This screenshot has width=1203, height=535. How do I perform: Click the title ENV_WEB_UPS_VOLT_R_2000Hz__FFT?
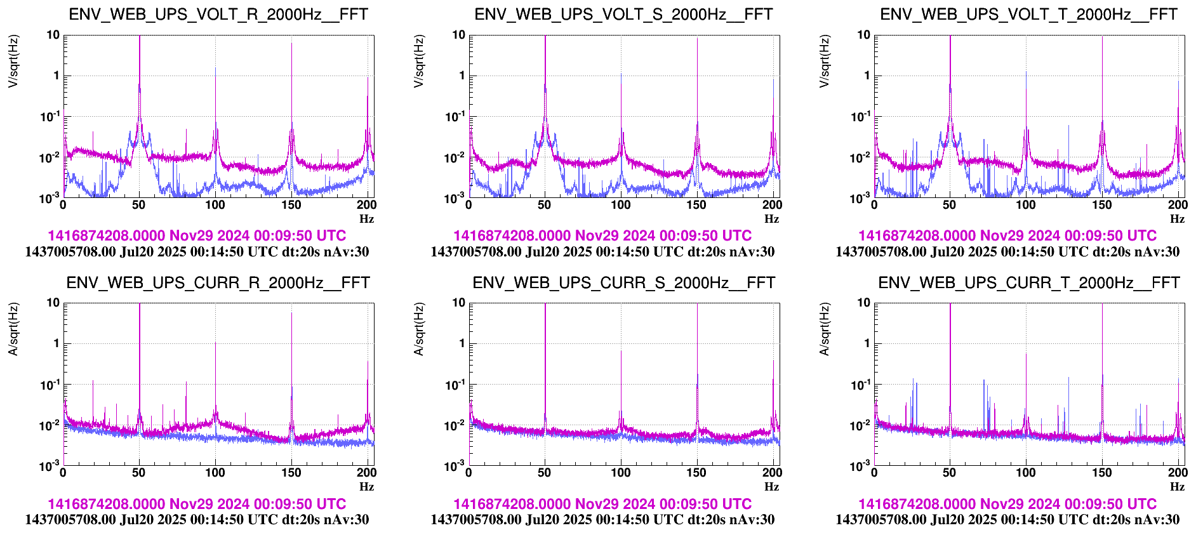click(218, 15)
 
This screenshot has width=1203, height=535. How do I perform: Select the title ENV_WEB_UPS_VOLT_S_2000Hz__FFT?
click(623, 15)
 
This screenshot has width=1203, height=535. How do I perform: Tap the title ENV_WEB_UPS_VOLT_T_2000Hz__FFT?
click(1028, 15)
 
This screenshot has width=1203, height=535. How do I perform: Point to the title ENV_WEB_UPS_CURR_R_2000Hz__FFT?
click(218, 283)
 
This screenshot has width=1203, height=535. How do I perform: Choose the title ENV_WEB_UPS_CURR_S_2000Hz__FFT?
click(623, 283)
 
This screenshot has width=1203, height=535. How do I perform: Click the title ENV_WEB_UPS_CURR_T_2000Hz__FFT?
click(1028, 283)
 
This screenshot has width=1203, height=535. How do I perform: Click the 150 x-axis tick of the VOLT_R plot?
click(291, 205)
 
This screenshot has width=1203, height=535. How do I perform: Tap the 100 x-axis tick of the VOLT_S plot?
click(621, 205)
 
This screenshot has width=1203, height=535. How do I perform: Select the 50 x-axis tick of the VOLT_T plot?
click(950, 205)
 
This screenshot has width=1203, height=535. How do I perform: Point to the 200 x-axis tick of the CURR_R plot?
click(367, 473)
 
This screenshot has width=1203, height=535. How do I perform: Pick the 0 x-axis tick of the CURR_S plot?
click(469, 473)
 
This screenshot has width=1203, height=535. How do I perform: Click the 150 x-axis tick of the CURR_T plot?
click(1102, 473)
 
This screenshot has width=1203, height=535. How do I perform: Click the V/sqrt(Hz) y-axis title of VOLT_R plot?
click(13, 61)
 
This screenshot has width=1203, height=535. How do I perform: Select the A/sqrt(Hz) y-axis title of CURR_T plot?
click(825, 329)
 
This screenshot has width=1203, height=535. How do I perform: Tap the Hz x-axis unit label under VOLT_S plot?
click(772, 219)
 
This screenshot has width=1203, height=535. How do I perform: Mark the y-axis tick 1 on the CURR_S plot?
click(462, 343)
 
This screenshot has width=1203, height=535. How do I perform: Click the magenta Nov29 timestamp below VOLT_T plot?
click(1007, 236)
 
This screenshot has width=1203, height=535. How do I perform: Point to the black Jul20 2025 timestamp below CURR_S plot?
click(602, 520)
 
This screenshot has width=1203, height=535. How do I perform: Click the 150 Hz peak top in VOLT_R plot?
click(291, 43)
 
